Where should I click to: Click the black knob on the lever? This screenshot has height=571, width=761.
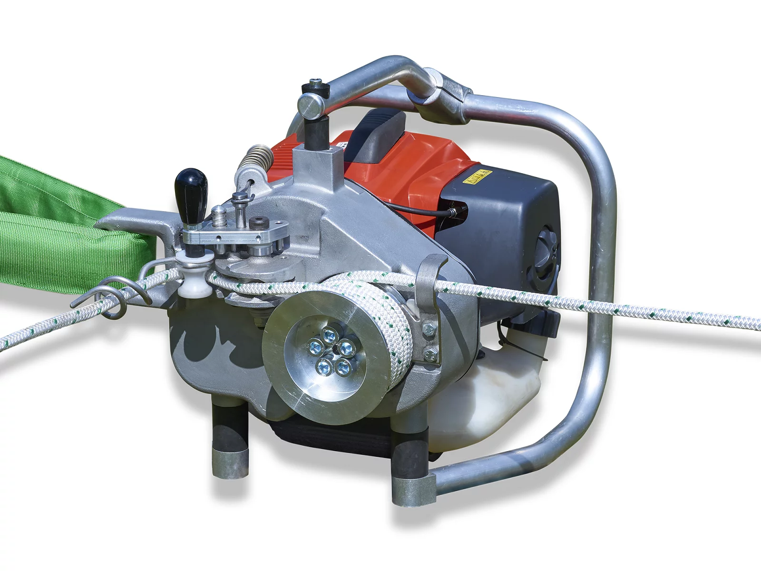coord(191,185)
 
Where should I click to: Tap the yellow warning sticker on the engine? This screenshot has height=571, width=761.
coord(477,177)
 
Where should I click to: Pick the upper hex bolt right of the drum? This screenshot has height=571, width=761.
coord(429,329)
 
